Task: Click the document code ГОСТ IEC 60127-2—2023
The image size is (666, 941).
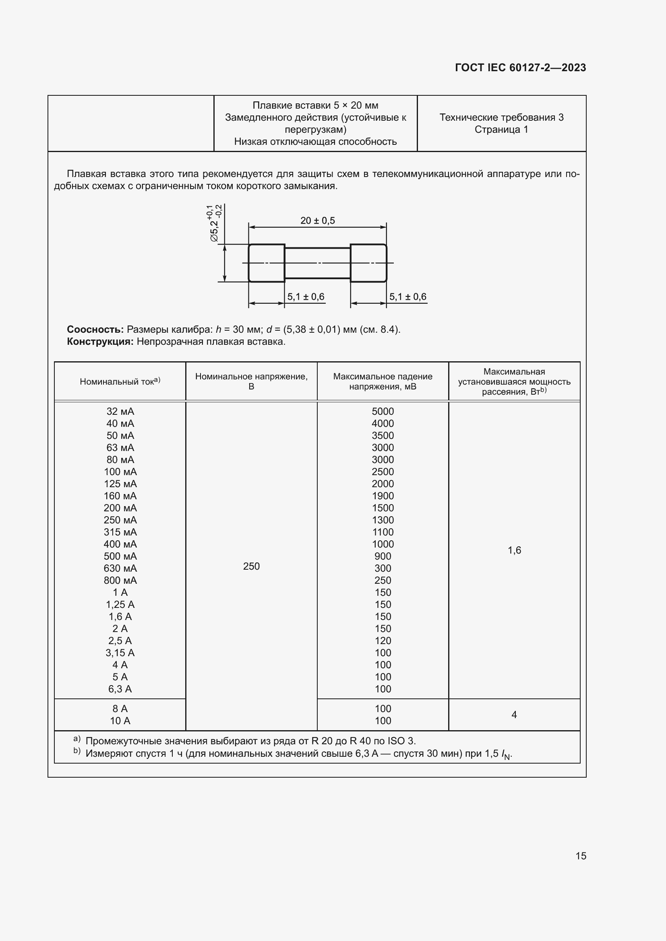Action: click(520, 68)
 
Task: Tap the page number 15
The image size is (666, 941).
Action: click(581, 856)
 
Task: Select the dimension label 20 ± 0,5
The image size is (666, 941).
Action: click(317, 220)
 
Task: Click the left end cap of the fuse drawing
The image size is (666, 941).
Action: click(267, 263)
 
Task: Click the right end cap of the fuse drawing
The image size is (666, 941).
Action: click(368, 263)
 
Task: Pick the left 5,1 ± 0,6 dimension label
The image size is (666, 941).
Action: click(306, 297)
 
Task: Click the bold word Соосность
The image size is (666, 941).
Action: click(95, 329)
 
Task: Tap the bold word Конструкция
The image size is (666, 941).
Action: click(100, 342)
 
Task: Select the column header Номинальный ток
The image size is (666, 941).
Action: click(120, 381)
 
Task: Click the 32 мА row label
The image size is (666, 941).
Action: click(120, 411)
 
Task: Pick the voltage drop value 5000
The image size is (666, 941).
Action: click(383, 411)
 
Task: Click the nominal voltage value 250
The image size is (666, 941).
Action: click(251, 566)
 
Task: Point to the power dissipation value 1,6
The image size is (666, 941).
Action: click(514, 550)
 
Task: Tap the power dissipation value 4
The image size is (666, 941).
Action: click(514, 715)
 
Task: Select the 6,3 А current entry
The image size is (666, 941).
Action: click(120, 689)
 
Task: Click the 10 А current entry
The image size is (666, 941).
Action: click(120, 721)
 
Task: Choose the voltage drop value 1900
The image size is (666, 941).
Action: click(383, 496)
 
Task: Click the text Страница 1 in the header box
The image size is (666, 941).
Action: click(501, 130)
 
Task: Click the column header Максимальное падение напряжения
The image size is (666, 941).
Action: click(383, 381)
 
